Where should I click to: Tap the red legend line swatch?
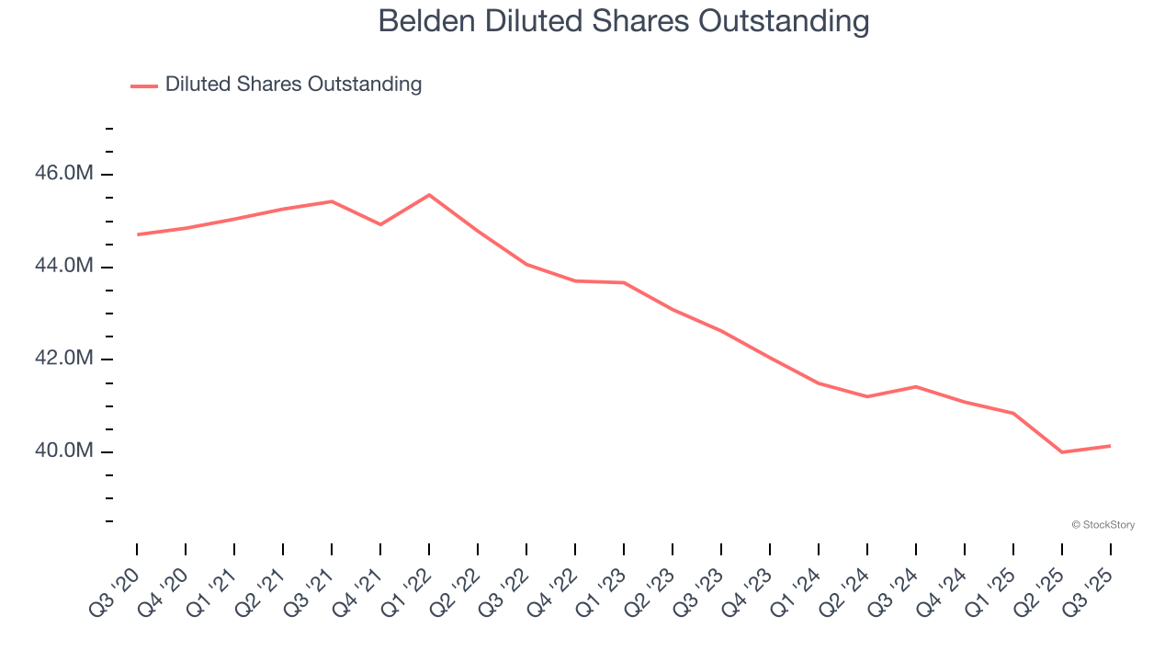[x=144, y=86]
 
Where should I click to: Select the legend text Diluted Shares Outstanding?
[x=293, y=85]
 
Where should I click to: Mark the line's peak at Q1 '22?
[x=429, y=195]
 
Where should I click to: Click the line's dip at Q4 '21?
[x=380, y=224]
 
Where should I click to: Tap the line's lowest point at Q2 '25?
[x=1062, y=452]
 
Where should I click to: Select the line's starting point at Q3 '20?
[x=137, y=234]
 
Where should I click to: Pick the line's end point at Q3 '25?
[x=1111, y=446]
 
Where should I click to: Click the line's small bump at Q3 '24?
[x=916, y=386]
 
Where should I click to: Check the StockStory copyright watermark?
[x=1102, y=525]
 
